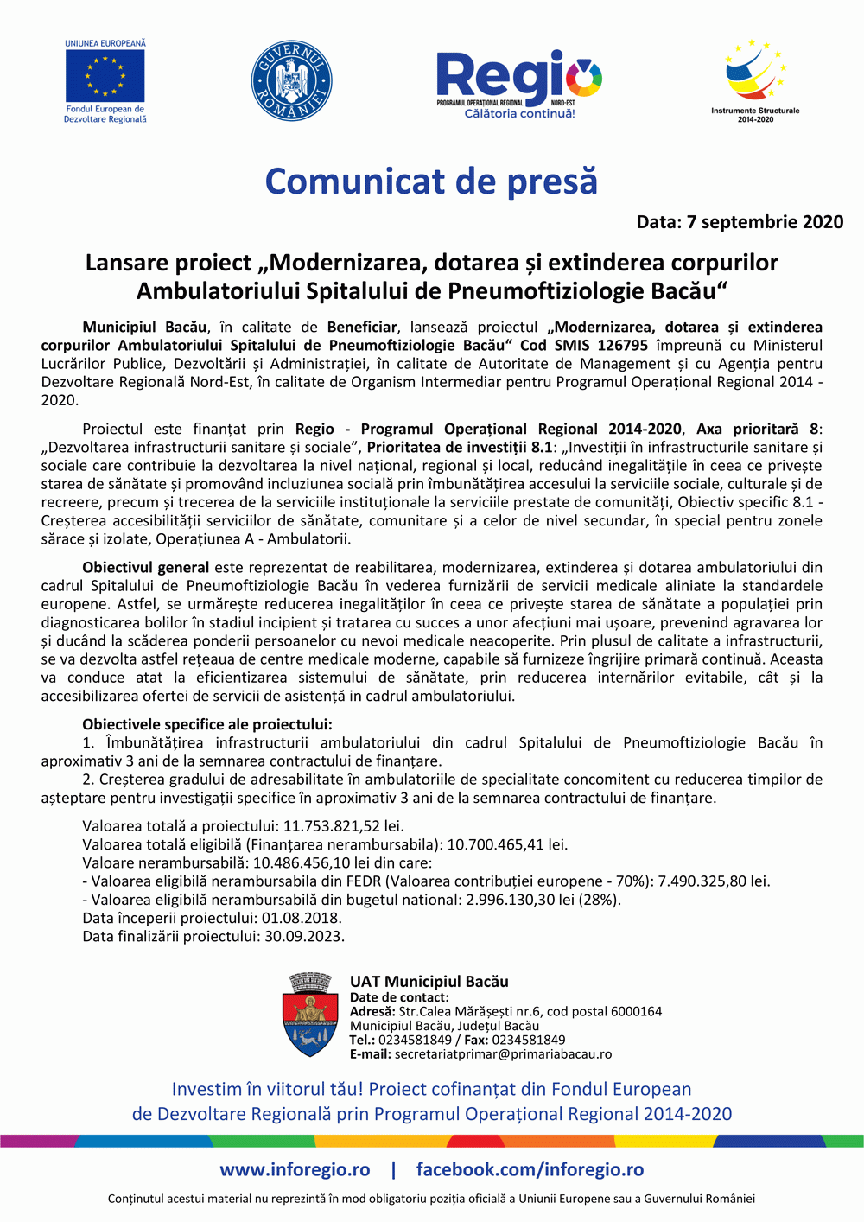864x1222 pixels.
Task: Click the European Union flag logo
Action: click(x=105, y=76)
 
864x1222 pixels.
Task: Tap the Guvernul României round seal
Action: click(x=291, y=81)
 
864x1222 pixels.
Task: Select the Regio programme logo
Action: click(x=518, y=83)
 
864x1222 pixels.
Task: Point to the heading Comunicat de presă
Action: click(x=431, y=181)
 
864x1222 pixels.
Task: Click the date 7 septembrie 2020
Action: click(x=765, y=222)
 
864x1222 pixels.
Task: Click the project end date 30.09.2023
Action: click(x=303, y=936)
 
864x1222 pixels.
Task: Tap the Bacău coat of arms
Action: click(x=310, y=1015)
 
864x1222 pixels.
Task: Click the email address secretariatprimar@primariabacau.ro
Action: click(x=503, y=1054)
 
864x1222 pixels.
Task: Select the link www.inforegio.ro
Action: click(x=295, y=1169)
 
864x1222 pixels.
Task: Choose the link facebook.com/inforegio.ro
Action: click(x=530, y=1169)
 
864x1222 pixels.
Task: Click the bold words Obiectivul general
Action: click(x=145, y=568)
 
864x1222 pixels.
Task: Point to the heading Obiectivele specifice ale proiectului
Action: click(x=207, y=724)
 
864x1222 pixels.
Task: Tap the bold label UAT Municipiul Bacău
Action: click(x=429, y=982)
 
